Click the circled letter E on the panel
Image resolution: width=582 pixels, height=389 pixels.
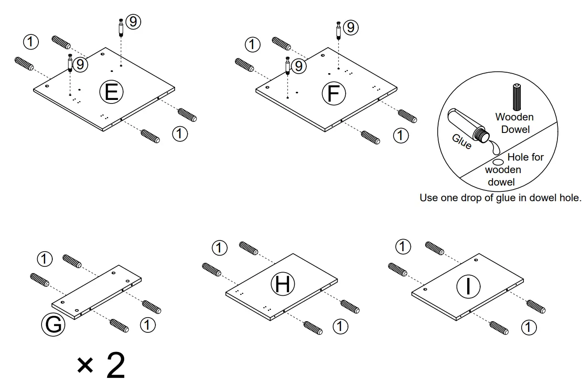tap(111, 92)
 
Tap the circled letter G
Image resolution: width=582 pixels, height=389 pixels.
tap(53, 325)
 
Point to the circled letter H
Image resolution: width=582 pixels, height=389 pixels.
tap(283, 285)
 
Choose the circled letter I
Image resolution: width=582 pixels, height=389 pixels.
tap(468, 286)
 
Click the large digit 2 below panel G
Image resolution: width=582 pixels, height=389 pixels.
tap(115, 366)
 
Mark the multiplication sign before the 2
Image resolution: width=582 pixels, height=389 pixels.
tap(85, 366)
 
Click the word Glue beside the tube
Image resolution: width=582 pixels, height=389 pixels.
tap(462, 141)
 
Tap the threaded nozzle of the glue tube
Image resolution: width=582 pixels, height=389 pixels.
tap(480, 134)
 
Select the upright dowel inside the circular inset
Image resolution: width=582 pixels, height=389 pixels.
tap(517, 96)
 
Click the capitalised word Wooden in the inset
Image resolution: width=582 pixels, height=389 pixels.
tap(514, 117)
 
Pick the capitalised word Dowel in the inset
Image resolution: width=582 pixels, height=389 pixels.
tap(515, 129)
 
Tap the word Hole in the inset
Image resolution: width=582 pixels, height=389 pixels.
tap(517, 157)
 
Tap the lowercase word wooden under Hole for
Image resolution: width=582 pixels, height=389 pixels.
tap(503, 170)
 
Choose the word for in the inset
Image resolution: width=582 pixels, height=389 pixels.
tap(536, 157)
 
